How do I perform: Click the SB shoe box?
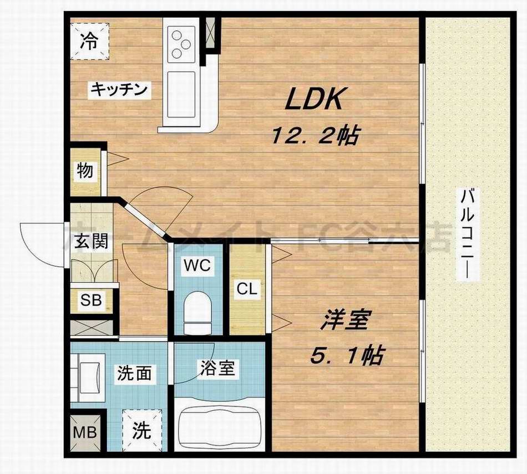90,301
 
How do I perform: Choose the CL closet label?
247,289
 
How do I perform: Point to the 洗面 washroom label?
134,373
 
